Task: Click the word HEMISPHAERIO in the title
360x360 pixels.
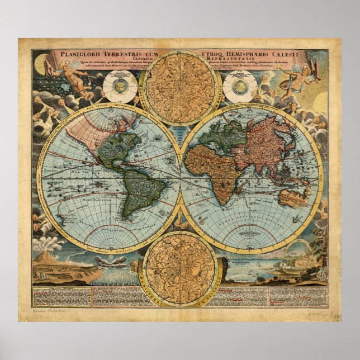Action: pos(247,54)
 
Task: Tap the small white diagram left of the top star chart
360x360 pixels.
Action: pos(120,86)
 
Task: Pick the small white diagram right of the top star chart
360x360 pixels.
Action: pos(240,86)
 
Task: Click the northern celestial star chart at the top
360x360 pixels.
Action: pos(180,87)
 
